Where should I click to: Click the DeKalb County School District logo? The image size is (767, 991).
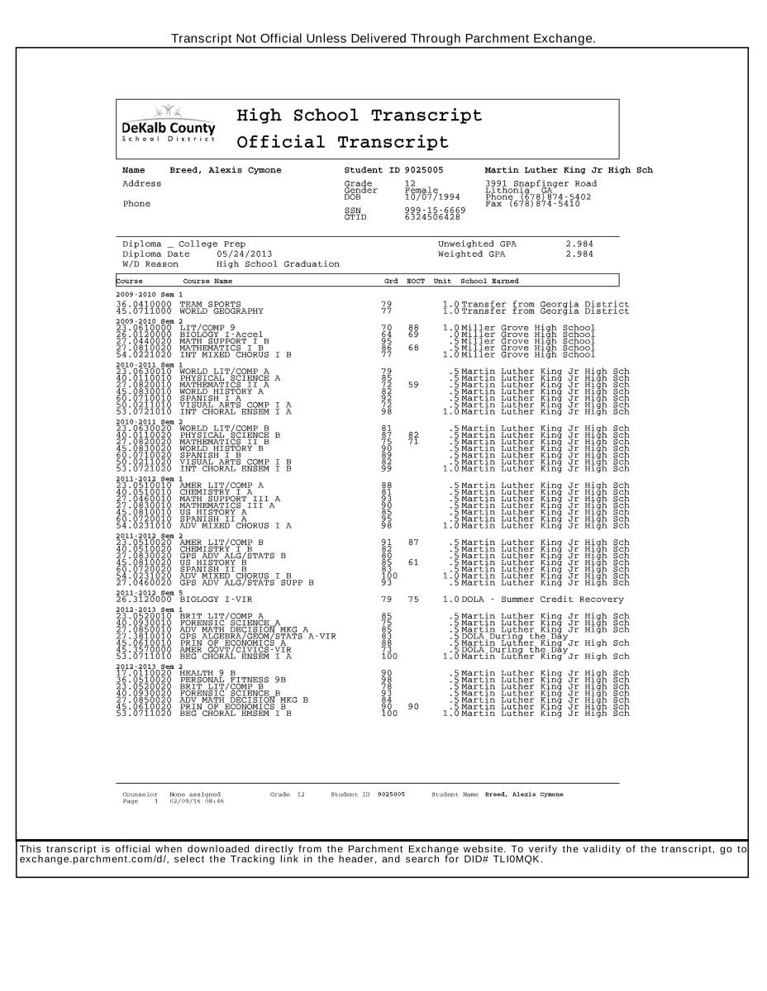click(168, 126)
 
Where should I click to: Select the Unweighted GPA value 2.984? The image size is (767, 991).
click(579, 244)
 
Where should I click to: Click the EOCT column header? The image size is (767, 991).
click(416, 282)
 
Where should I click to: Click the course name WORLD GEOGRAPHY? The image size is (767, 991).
click(222, 311)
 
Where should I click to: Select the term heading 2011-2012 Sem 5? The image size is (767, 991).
click(150, 592)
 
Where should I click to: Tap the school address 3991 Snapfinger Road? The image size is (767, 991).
click(540, 183)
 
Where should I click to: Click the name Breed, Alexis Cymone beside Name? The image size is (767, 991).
click(225, 170)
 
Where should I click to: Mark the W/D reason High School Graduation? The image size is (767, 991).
click(278, 264)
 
